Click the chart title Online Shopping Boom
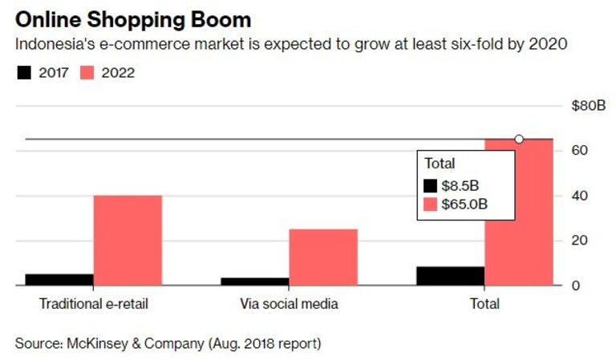pos(132,18)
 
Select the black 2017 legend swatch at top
pos(24,73)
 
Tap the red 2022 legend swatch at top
pos(87,73)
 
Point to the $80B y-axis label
pos(588,106)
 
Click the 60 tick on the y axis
pos(580,151)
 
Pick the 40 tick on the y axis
pos(580,196)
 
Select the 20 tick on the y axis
pos(580,241)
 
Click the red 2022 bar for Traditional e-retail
pos(128,240)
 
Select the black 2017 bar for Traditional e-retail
pos(59,280)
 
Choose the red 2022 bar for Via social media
pos(323,257)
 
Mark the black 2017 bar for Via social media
pos(255,281)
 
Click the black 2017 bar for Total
pos(451,276)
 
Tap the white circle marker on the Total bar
pos(519,140)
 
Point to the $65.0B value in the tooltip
pos(468,204)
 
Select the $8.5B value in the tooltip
pos(465,185)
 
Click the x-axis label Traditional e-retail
pos(93,305)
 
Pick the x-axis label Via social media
pos(289,305)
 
